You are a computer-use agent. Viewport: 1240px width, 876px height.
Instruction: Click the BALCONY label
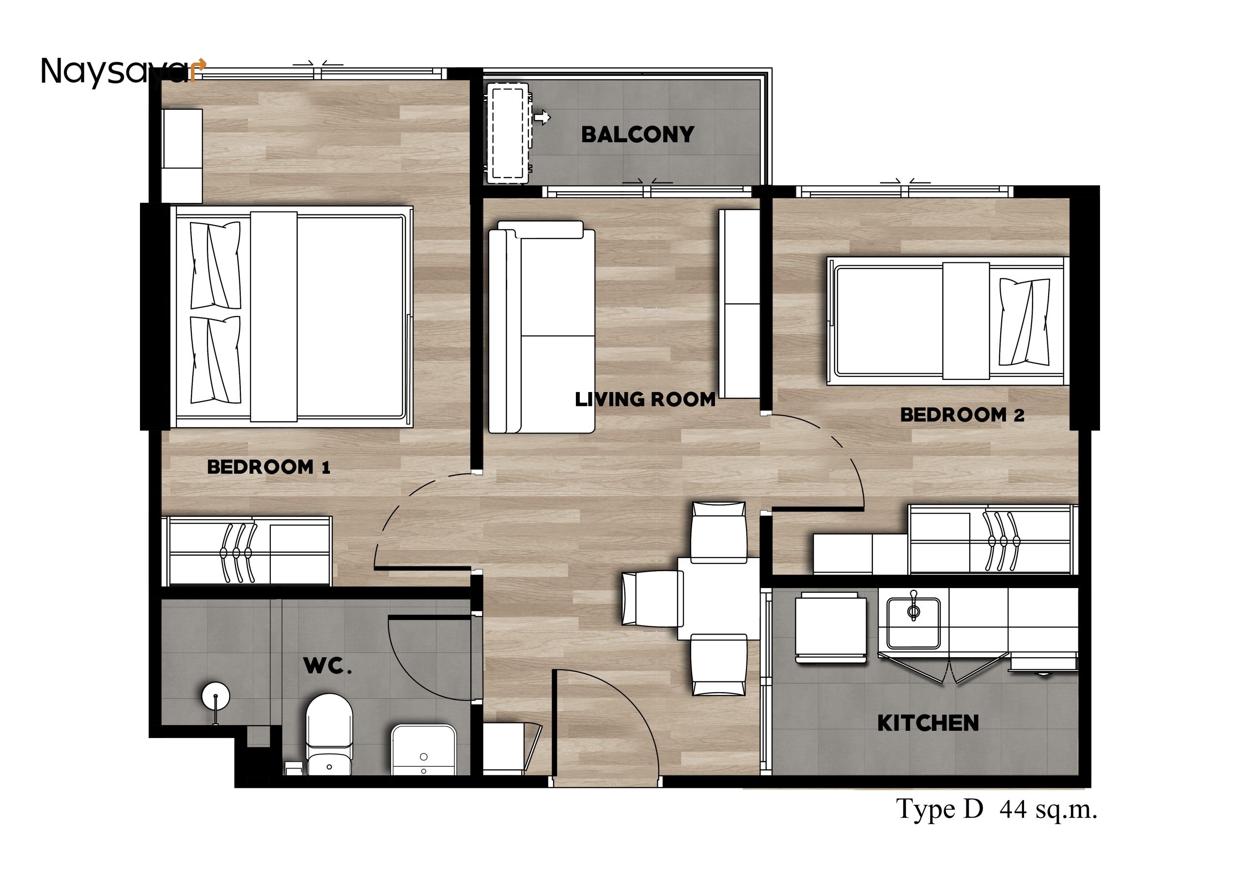point(637,135)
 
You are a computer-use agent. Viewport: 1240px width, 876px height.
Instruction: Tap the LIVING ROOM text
point(645,399)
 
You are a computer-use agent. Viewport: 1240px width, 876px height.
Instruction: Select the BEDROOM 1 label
point(268,467)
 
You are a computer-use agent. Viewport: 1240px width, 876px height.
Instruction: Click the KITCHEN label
point(928,723)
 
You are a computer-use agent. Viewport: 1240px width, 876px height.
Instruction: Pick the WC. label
point(328,666)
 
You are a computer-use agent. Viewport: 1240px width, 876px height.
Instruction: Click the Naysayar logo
point(123,72)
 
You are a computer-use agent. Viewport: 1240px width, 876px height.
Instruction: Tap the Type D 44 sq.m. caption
point(996,810)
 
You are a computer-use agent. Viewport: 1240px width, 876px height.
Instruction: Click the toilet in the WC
point(329,734)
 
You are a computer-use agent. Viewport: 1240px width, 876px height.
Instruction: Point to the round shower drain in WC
point(216,696)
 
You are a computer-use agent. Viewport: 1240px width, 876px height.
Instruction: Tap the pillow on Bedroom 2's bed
point(1024,322)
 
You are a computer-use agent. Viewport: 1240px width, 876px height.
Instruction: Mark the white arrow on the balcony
point(542,117)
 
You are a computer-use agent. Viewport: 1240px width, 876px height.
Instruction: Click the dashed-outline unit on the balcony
point(508,133)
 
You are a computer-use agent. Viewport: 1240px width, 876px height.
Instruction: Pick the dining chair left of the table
point(651,599)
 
